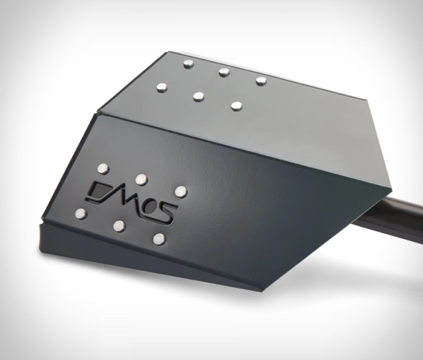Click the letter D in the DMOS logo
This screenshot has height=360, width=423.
click(x=99, y=192)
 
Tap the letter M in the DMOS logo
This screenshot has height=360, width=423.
click(x=127, y=199)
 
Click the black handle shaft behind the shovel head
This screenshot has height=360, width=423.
click(x=391, y=217)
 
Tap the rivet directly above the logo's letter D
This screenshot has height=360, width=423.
click(x=103, y=168)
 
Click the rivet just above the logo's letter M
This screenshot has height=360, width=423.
click(x=141, y=179)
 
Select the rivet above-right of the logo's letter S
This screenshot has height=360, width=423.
click(x=181, y=192)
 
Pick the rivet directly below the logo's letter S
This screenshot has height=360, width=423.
click(x=159, y=239)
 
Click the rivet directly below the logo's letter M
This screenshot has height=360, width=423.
click(x=119, y=226)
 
